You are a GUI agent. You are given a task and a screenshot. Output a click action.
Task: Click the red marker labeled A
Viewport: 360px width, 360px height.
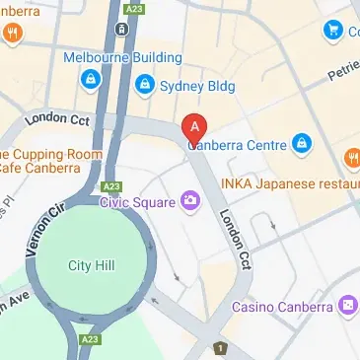pos(195,128)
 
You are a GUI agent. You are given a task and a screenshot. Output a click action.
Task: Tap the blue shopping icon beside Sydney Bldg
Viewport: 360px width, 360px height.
pos(144,84)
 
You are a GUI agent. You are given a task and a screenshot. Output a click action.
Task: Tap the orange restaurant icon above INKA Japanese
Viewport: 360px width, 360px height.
pos(350,158)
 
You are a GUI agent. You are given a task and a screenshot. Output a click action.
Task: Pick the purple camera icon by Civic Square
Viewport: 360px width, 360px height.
pos(187,202)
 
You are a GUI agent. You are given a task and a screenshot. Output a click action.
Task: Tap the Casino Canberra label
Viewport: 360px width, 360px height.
pos(282,307)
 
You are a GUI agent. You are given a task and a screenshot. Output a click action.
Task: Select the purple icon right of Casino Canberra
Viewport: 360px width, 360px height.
pos(347,307)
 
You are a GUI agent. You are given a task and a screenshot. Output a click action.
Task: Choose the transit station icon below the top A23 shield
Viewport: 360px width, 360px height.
pos(120,29)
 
